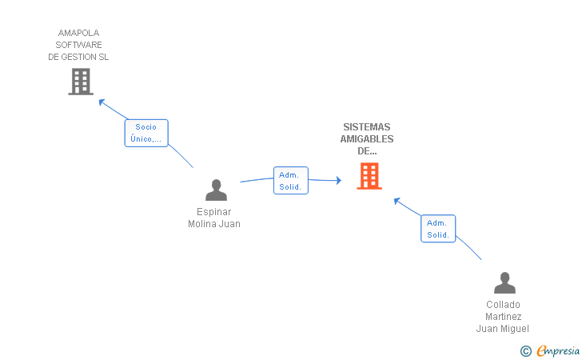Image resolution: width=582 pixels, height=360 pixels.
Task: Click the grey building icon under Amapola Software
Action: pos(81,82)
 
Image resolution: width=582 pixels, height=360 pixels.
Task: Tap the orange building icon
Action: pos(369,176)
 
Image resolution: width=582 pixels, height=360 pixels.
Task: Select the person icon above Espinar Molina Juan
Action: pos(216,190)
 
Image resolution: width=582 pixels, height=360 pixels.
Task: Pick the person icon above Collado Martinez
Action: pos(504,282)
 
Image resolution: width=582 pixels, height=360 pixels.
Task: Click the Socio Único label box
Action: pos(146,133)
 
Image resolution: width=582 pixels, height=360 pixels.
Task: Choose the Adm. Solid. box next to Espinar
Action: pos(291,181)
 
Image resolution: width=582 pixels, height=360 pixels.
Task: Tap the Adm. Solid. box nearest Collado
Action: pos(438,229)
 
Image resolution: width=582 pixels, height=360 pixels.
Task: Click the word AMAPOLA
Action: pos(78,33)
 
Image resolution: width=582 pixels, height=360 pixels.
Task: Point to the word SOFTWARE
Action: pos(78,45)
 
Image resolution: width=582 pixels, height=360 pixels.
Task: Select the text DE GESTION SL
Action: pos(78,57)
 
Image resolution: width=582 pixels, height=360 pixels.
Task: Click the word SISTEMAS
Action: pos(367,127)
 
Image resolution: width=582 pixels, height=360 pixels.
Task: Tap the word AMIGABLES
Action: pos(367,139)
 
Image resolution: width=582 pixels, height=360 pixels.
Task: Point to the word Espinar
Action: pos(213,212)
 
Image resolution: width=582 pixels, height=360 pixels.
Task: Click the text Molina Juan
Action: pos(214,224)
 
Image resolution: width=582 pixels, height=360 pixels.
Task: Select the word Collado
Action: pos(504,305)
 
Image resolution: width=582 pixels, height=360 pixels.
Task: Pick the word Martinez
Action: pos(504,317)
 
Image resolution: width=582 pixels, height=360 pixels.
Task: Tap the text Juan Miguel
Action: pos(503,329)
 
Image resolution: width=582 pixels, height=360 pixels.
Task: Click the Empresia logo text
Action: pos(558,350)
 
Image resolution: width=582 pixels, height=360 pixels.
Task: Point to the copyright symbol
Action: pos(526,351)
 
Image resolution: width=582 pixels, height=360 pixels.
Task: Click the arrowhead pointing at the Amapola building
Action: pos(102,102)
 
